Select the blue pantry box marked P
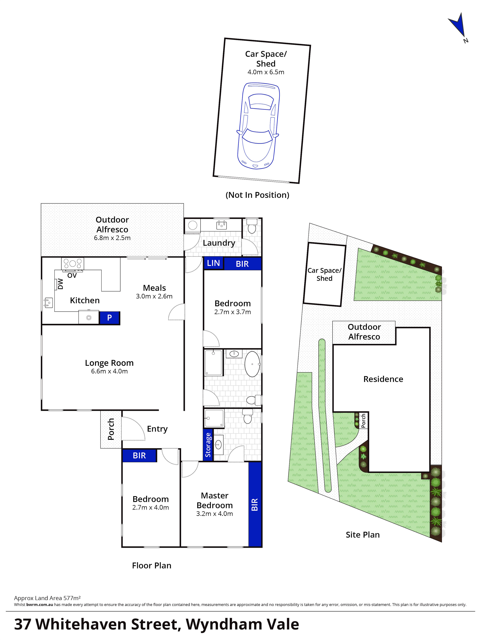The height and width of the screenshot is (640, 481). coord(109,318)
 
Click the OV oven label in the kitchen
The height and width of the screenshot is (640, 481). coord(72,276)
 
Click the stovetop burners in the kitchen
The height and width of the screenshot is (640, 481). coord(72,264)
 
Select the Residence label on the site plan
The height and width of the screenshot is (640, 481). coord(383,379)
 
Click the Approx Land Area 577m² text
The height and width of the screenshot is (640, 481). coord(47,598)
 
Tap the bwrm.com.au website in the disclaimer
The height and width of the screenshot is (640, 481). coord(40,604)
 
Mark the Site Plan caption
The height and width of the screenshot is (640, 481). coord(363,535)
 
